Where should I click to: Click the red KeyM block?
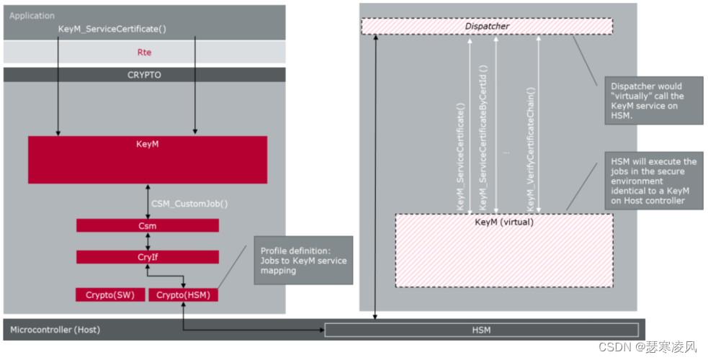147,159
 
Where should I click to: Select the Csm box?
147,225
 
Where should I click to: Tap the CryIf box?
147,257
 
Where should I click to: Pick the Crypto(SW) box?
110,294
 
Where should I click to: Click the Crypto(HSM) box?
183,294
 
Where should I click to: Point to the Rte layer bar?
144,52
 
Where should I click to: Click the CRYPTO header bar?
144,75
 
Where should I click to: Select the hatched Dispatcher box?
486,27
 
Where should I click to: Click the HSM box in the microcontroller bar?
481,330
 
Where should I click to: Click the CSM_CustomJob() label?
189,204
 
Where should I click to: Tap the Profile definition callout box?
303,260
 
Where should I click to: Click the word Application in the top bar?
32,15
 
